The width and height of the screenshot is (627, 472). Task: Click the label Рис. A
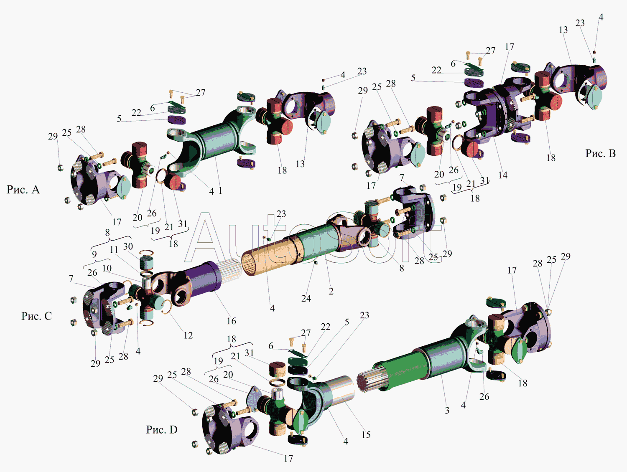23,190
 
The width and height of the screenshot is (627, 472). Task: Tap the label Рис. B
600,154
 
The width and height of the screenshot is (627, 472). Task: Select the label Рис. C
36,316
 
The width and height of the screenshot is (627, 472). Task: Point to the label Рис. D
162,429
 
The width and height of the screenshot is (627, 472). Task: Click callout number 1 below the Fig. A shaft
220,190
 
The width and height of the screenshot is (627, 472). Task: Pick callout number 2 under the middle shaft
331,291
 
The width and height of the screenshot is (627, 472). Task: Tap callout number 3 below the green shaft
447,410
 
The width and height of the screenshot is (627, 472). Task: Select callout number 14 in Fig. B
503,175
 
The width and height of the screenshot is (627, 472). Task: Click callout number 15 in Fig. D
366,435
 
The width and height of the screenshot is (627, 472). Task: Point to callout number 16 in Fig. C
232,321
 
